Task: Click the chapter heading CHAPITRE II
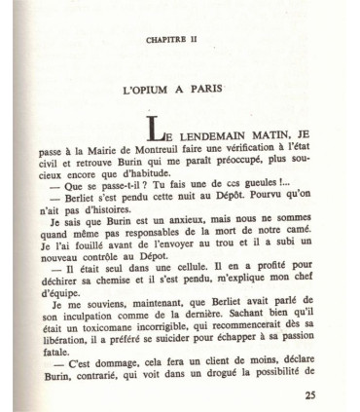pos(181,42)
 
